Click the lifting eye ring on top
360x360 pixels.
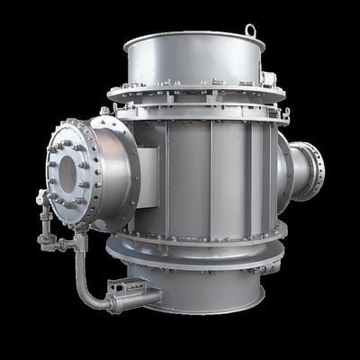[250, 31]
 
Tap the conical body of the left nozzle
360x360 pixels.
[112, 171]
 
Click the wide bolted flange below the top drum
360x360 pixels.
[193, 94]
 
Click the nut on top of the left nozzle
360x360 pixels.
[104, 112]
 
